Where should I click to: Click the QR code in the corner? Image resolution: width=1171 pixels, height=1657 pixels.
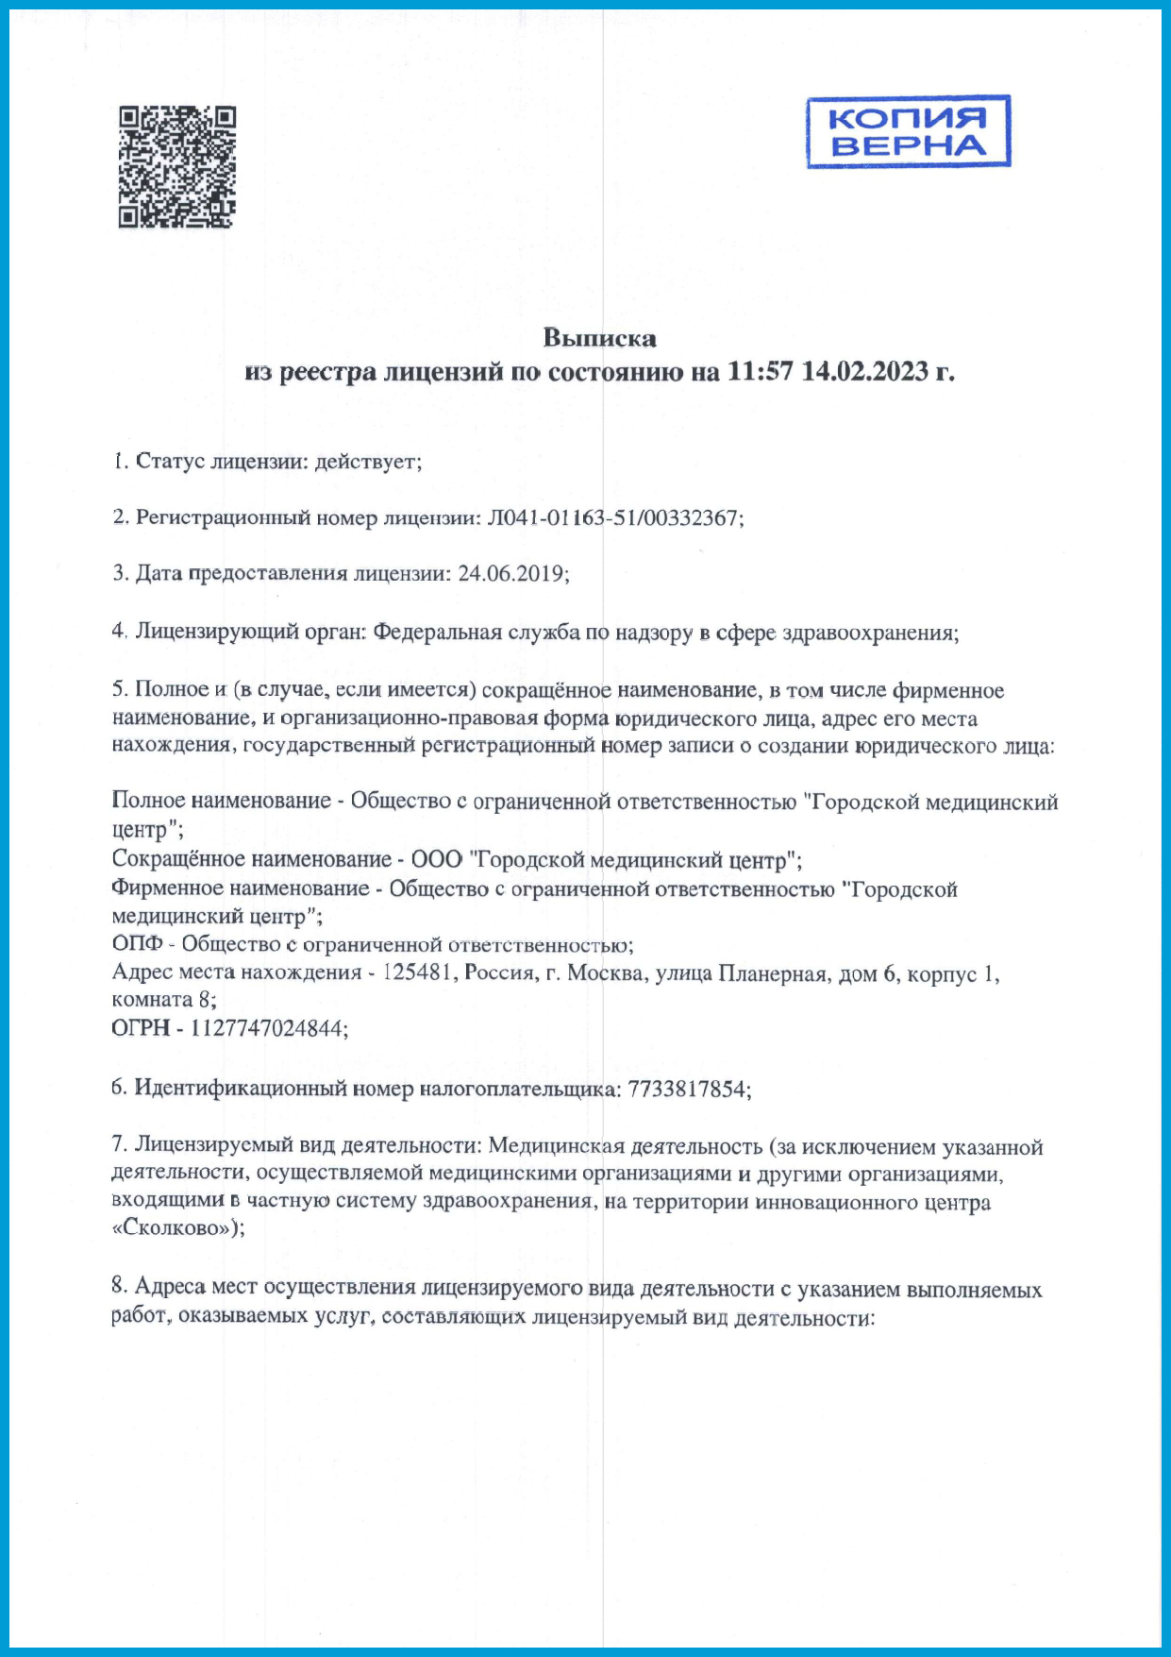(x=176, y=167)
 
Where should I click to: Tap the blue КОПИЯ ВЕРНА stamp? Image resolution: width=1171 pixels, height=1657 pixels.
(x=908, y=132)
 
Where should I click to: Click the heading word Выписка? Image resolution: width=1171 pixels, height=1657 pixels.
(x=599, y=338)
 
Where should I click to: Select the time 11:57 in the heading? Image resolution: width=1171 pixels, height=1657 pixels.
(x=760, y=372)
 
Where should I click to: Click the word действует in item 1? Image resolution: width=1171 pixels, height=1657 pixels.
(x=366, y=462)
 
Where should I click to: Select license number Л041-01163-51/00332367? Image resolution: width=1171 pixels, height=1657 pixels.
(x=613, y=517)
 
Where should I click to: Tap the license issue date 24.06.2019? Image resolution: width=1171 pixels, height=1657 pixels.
(x=511, y=573)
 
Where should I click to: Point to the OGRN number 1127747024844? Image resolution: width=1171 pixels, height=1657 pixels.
(x=267, y=1028)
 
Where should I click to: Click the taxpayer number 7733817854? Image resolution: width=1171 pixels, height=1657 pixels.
(x=688, y=1089)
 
